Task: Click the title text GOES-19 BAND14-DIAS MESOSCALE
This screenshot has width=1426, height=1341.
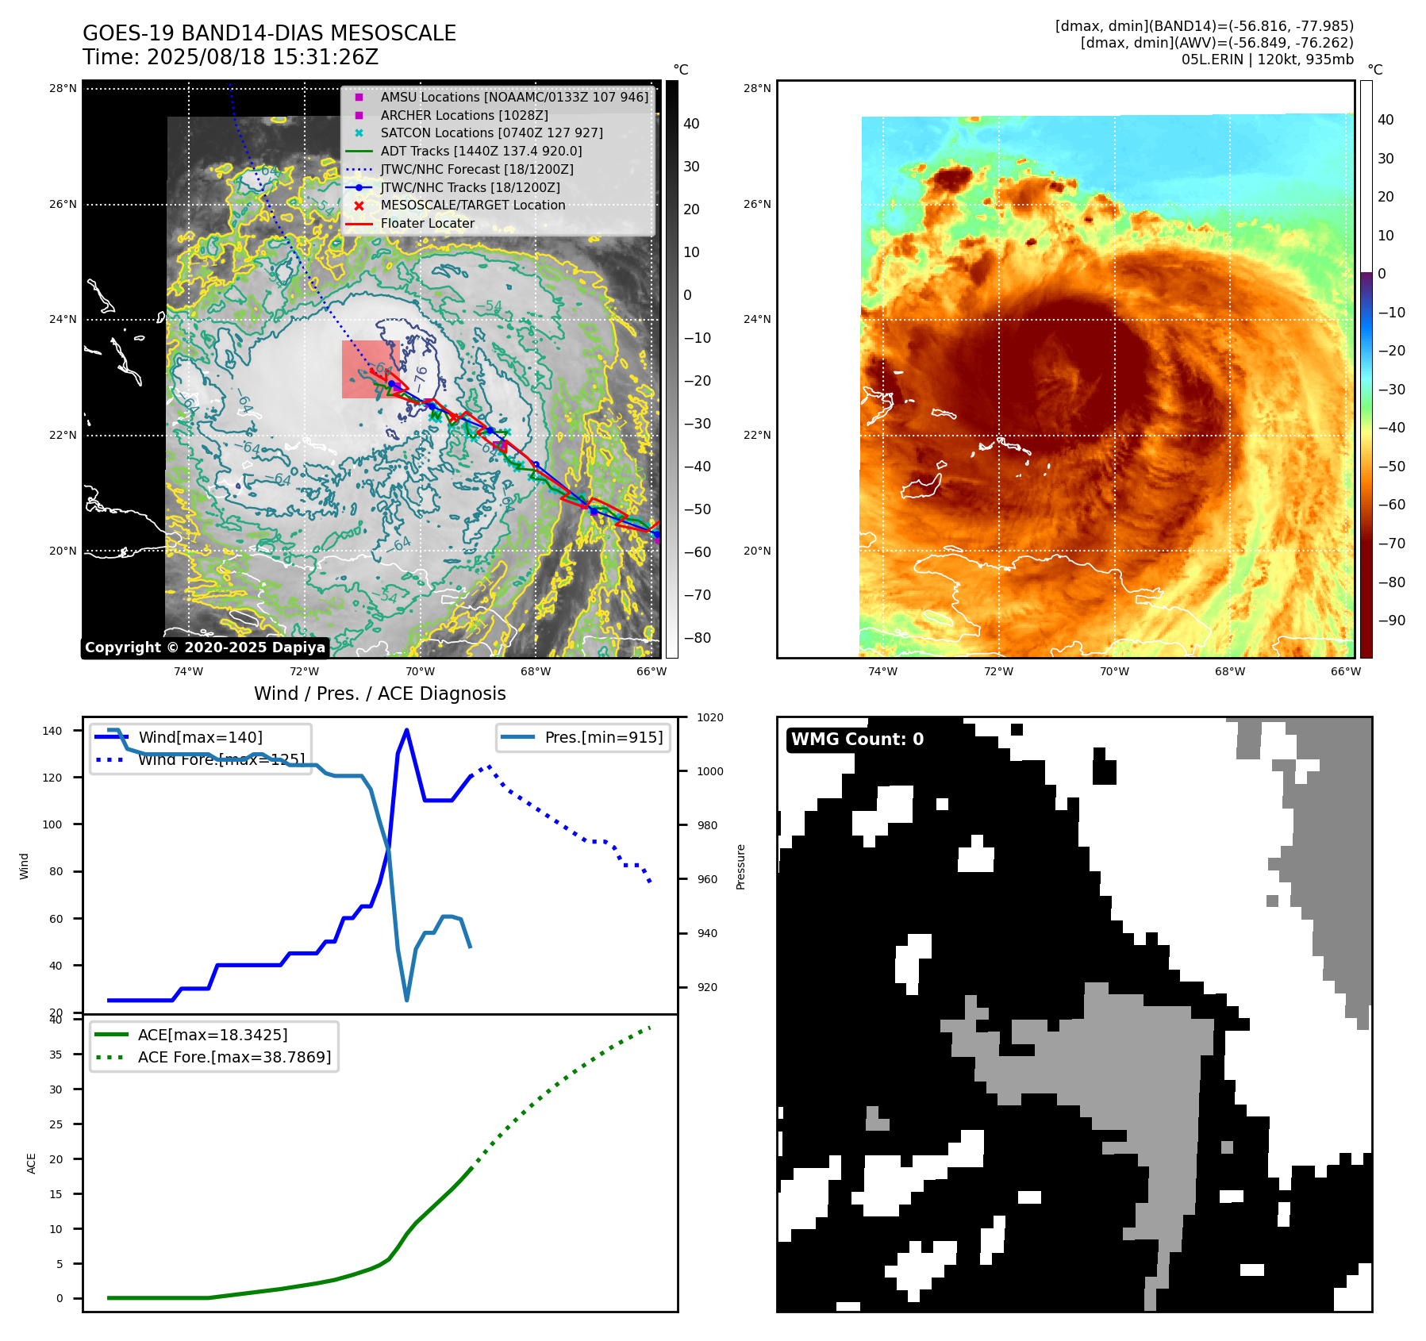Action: (x=269, y=33)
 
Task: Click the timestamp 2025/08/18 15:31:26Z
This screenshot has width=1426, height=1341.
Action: (x=262, y=57)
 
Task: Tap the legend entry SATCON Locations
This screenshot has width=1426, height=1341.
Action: (x=491, y=133)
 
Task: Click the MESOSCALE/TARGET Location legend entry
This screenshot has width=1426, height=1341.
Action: (x=472, y=205)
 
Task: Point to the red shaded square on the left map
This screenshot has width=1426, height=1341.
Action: (x=367, y=369)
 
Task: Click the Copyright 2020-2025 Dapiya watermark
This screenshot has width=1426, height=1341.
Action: (x=205, y=647)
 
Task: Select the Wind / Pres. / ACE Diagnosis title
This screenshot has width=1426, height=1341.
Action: (x=379, y=694)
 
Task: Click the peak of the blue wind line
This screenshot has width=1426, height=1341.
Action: (x=406, y=730)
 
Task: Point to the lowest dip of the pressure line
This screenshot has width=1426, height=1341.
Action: (x=406, y=1000)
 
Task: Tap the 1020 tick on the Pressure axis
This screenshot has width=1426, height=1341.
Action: (x=709, y=717)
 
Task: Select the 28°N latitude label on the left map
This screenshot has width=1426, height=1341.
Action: (x=63, y=88)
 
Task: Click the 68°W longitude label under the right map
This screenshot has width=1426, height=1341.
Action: (x=1229, y=671)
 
